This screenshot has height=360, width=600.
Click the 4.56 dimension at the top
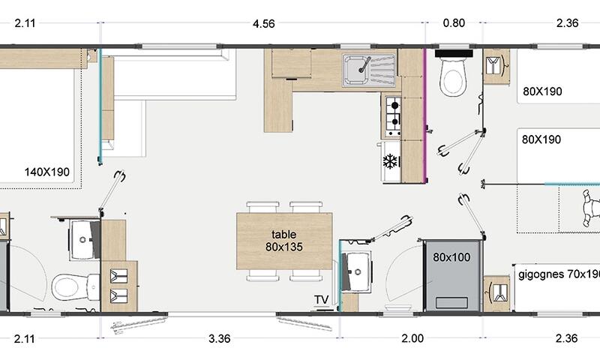click(264, 24)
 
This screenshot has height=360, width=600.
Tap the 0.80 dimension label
click(454, 23)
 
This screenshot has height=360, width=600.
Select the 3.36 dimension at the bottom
click(220, 338)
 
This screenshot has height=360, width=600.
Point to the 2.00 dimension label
click(412, 338)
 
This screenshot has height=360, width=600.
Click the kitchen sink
click(369, 70)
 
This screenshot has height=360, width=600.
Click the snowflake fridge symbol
click(390, 161)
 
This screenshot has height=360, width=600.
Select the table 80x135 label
click(284, 241)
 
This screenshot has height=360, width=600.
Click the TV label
click(322, 299)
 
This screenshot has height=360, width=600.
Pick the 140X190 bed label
click(47, 172)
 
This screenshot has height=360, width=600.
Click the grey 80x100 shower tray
click(451, 276)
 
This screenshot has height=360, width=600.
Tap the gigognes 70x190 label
click(559, 274)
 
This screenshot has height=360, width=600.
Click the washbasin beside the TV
click(355, 271)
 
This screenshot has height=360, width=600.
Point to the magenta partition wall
click(424, 115)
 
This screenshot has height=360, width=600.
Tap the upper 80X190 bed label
click(542, 91)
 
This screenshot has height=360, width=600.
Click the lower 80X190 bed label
click(541, 139)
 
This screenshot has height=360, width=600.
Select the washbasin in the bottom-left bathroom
click(84, 240)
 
